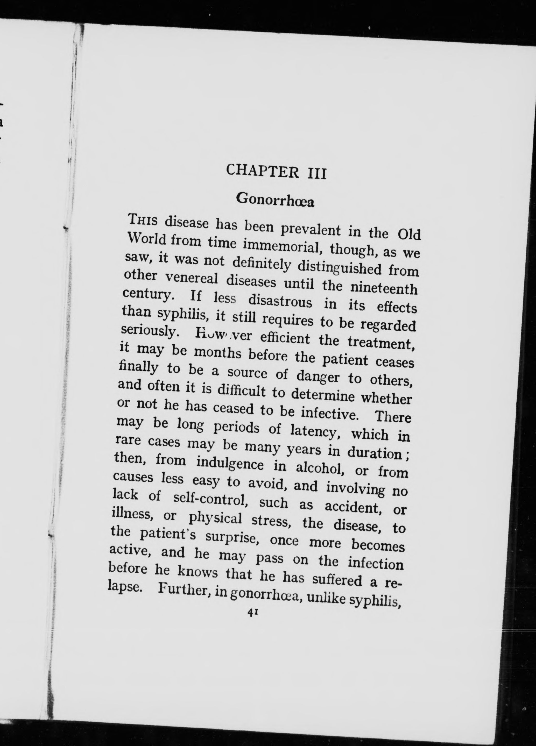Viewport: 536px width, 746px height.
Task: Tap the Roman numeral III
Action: pyautogui.click(x=316, y=174)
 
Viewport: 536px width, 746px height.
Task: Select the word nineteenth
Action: pyautogui.click(x=384, y=289)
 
